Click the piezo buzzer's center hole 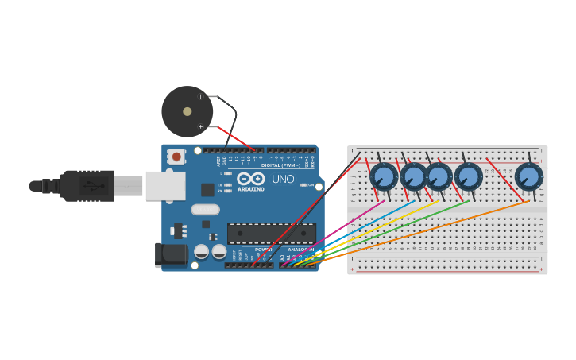point(187,111)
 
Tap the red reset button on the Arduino point(175,156)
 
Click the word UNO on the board point(283,179)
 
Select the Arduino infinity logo point(250,179)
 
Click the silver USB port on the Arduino point(165,186)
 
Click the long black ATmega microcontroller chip point(271,233)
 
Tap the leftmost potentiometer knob point(384,176)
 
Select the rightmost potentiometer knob point(528,176)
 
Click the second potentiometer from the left point(413,176)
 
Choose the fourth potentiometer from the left point(468,176)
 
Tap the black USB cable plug point(87,186)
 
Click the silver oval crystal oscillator point(204,210)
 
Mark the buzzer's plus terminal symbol point(200,126)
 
